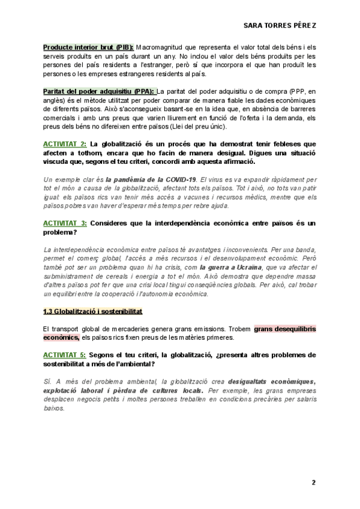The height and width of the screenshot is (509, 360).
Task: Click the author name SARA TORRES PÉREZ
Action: pyautogui.click(x=281, y=26)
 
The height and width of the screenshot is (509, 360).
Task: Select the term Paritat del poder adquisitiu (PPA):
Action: pyautogui.click(x=99, y=91)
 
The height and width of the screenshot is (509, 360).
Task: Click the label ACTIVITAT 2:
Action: pyautogui.click(x=65, y=144)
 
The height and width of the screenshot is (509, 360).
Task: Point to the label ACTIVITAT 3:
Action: pyautogui.click(x=65, y=223)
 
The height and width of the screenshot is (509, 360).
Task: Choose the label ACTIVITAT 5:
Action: pyautogui.click(x=65, y=355)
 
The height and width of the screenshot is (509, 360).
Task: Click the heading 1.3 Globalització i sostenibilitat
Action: pyautogui.click(x=92, y=312)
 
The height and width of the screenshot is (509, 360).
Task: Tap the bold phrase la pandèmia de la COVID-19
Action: pyautogui.click(x=151, y=179)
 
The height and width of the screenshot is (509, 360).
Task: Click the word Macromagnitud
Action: pyautogui.click(x=163, y=47)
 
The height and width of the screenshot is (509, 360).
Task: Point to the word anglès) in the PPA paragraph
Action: pyautogui.click(x=56, y=100)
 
